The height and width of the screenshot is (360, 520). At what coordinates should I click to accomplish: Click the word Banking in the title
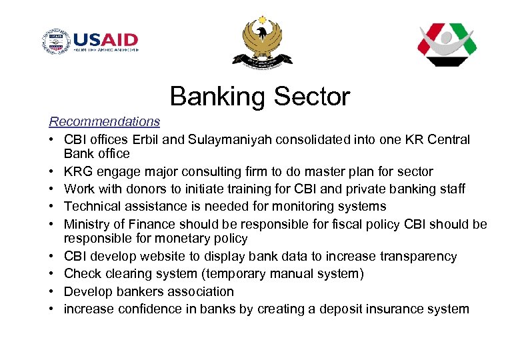pyautogui.click(x=213, y=97)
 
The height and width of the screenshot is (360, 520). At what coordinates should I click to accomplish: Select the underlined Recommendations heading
pyautogui.click(x=105, y=121)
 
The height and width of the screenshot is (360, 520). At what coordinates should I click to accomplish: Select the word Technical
pyautogui.click(x=93, y=207)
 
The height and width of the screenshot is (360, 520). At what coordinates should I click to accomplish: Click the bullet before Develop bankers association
pyautogui.click(x=52, y=292)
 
